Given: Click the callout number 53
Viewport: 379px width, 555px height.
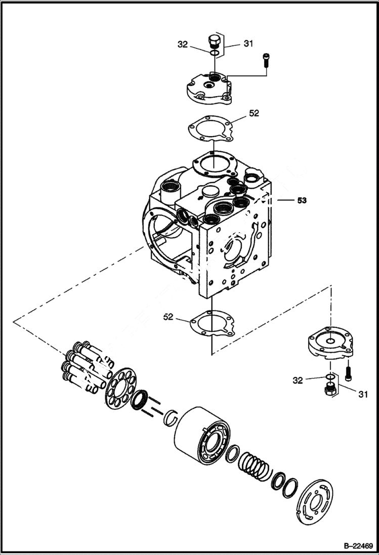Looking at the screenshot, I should coord(302,201).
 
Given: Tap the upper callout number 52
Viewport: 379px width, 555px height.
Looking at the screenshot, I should coord(254,113).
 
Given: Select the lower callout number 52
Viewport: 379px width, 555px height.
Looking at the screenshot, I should coord(169,317).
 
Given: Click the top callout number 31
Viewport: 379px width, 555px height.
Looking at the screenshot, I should coord(248,44).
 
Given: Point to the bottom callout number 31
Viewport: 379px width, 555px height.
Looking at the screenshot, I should coord(363,393).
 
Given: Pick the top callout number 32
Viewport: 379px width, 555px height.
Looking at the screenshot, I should coord(183,45).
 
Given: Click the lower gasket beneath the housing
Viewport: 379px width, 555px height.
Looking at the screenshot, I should coord(213,324).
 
